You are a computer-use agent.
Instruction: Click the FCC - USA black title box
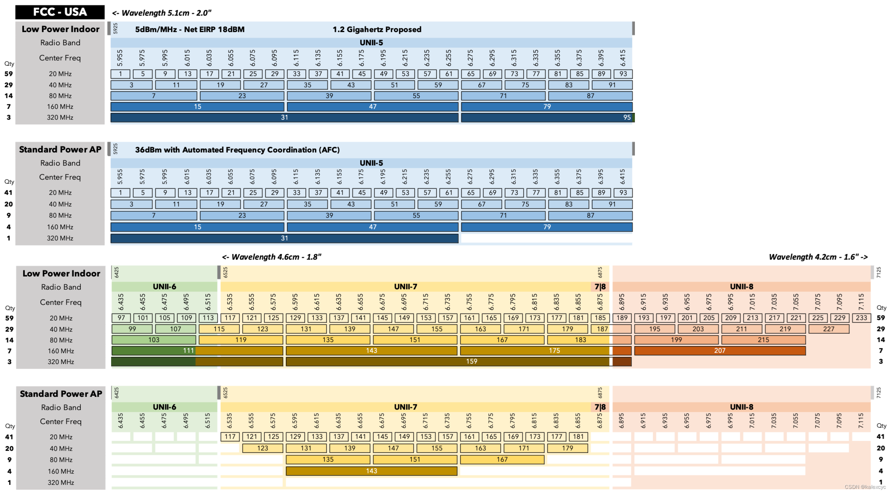coord(60,12)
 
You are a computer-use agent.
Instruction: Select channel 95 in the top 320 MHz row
coord(626,117)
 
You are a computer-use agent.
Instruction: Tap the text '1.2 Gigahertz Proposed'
coord(377,29)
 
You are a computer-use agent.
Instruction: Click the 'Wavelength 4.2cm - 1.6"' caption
coord(818,257)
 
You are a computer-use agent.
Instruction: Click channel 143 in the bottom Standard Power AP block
coord(371,471)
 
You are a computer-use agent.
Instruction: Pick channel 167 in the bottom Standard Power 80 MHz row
coord(502,459)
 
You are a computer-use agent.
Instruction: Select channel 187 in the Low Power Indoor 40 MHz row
coord(602,329)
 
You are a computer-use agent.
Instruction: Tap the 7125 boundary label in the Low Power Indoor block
coord(878,272)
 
